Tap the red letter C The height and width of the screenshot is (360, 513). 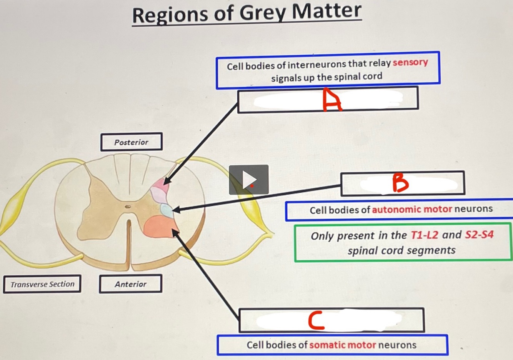pos(316,321)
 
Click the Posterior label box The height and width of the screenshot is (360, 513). pos(131,142)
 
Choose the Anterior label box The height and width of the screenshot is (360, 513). pos(130,284)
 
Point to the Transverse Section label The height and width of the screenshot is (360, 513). pos(42,284)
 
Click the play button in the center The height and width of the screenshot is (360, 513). pos(249,180)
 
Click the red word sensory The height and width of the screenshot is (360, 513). pos(410,62)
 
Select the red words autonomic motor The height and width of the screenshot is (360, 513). pos(412,209)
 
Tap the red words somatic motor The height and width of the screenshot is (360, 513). pos(342,345)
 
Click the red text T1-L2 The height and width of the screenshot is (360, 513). pos(424,235)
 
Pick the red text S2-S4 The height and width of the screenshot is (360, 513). pos(479,234)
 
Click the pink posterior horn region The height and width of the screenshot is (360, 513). pos(161,183)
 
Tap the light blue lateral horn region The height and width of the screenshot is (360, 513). pos(167,210)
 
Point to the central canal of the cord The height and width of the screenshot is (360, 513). pos(128,207)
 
